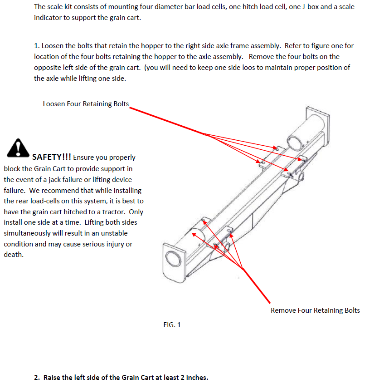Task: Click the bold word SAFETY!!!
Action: coord(51,157)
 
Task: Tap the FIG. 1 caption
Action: coord(172,325)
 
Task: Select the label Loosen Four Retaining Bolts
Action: coord(86,104)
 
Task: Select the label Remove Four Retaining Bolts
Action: coord(315,310)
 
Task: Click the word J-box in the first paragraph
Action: coord(310,7)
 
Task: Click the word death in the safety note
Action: coord(13,255)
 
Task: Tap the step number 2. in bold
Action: coord(37,378)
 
